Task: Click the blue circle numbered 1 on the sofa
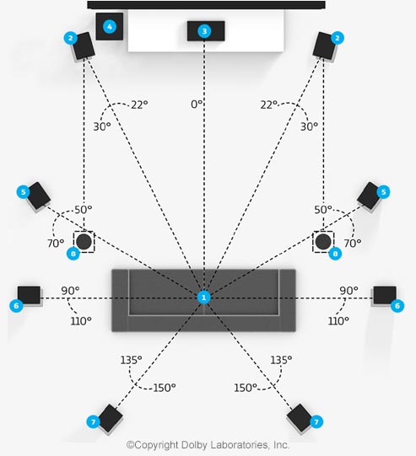pos(203,298)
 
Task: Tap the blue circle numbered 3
pos(204,31)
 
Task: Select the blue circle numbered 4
pos(110,27)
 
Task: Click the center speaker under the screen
pos(206,31)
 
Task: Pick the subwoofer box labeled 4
pos(110,26)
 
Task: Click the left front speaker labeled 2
pos(84,46)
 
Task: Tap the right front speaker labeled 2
pos(324,46)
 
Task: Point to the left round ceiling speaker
pos(84,242)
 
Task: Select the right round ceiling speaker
pos(323,242)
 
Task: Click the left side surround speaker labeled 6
pos(29,295)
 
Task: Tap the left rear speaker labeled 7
pos(110,418)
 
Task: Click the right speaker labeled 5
pos(369,196)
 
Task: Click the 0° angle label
pos(197,105)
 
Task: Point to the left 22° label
pos(139,105)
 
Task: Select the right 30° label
pos(309,126)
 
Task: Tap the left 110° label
pos(81,321)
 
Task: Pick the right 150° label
pos(246,388)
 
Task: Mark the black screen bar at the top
pos(207,5)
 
